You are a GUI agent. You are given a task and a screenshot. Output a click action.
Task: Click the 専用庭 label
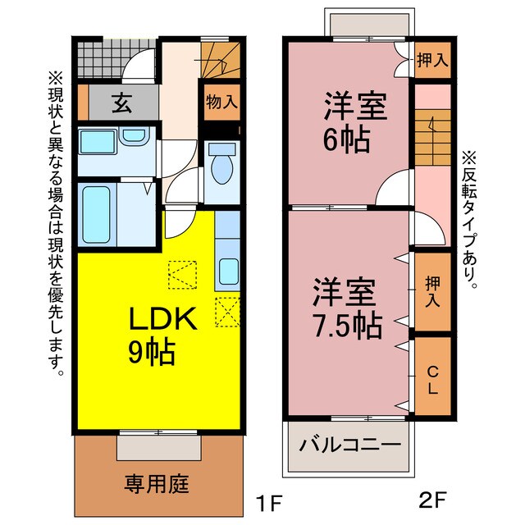(157, 483)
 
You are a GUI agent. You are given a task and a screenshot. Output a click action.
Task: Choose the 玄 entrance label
(121, 103)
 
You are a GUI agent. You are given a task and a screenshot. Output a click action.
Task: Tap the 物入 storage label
(221, 103)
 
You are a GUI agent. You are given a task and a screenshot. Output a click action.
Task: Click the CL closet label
(431, 378)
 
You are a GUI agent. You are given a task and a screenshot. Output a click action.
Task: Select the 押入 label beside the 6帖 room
(432, 59)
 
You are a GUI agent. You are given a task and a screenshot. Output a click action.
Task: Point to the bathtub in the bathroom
(98, 214)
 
